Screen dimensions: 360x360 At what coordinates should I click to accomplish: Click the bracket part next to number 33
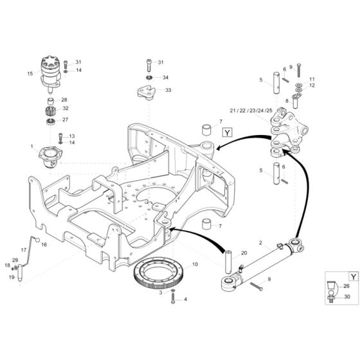click(147, 91)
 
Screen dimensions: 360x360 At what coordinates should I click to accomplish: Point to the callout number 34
click(165, 78)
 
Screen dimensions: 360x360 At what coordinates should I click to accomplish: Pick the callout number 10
click(195, 264)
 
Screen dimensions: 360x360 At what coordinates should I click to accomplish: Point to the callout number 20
click(244, 253)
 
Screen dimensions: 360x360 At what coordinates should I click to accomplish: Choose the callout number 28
click(64, 100)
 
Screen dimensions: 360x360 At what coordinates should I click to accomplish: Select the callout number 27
click(64, 120)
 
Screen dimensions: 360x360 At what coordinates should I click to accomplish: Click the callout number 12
click(312, 85)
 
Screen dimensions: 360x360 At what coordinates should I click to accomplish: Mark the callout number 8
click(287, 101)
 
